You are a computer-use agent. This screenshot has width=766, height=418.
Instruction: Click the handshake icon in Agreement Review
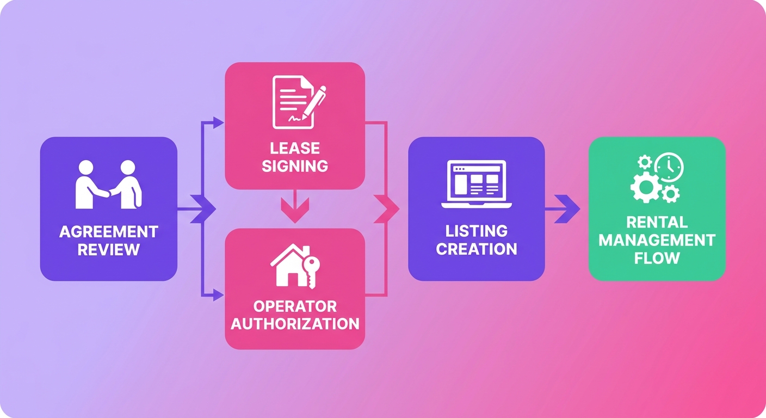click(x=108, y=185)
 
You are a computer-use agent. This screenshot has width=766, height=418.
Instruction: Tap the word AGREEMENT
click(x=109, y=232)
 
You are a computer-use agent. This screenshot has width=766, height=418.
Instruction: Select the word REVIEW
click(x=109, y=250)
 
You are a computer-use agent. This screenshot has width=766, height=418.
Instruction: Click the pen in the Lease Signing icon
click(x=314, y=103)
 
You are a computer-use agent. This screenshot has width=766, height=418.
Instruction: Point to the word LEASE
click(x=295, y=149)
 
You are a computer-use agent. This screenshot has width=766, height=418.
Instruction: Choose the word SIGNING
click(x=295, y=166)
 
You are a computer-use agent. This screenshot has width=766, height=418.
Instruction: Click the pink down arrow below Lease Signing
click(x=295, y=206)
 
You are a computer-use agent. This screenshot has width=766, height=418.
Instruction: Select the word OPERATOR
click(x=295, y=306)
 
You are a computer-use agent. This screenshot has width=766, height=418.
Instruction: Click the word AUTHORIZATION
click(x=295, y=324)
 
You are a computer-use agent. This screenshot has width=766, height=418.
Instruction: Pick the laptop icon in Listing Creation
click(x=477, y=184)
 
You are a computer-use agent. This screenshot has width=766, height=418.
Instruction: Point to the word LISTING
click(x=477, y=231)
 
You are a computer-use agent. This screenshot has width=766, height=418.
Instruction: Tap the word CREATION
click(x=477, y=249)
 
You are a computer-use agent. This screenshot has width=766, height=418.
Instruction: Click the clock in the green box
click(x=669, y=167)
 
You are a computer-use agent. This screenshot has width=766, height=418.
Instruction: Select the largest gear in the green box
click(x=646, y=187)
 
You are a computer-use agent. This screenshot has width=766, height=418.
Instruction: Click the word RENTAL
click(x=657, y=223)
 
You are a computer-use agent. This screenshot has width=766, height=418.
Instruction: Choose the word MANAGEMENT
click(x=657, y=240)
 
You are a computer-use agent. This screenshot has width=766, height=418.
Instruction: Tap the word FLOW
click(x=657, y=258)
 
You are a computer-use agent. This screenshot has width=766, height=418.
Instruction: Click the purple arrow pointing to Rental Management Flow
click(x=563, y=208)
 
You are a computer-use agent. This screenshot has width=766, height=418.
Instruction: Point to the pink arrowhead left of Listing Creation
click(x=386, y=208)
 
